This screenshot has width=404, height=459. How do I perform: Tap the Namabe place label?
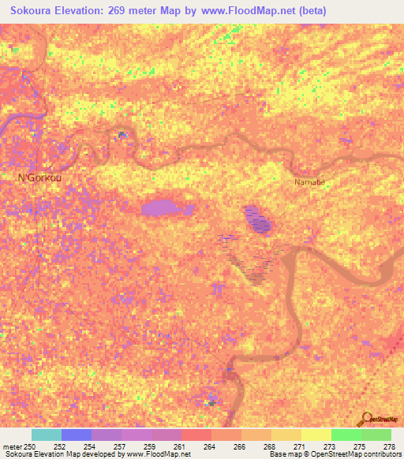click(309, 182)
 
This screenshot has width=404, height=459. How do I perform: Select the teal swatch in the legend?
click(47, 435)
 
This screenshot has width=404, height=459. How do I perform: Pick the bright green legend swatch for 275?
click(346, 435)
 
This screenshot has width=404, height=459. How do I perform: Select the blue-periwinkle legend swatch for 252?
click(77, 435)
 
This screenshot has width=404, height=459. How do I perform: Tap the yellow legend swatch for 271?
click(316, 435)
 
